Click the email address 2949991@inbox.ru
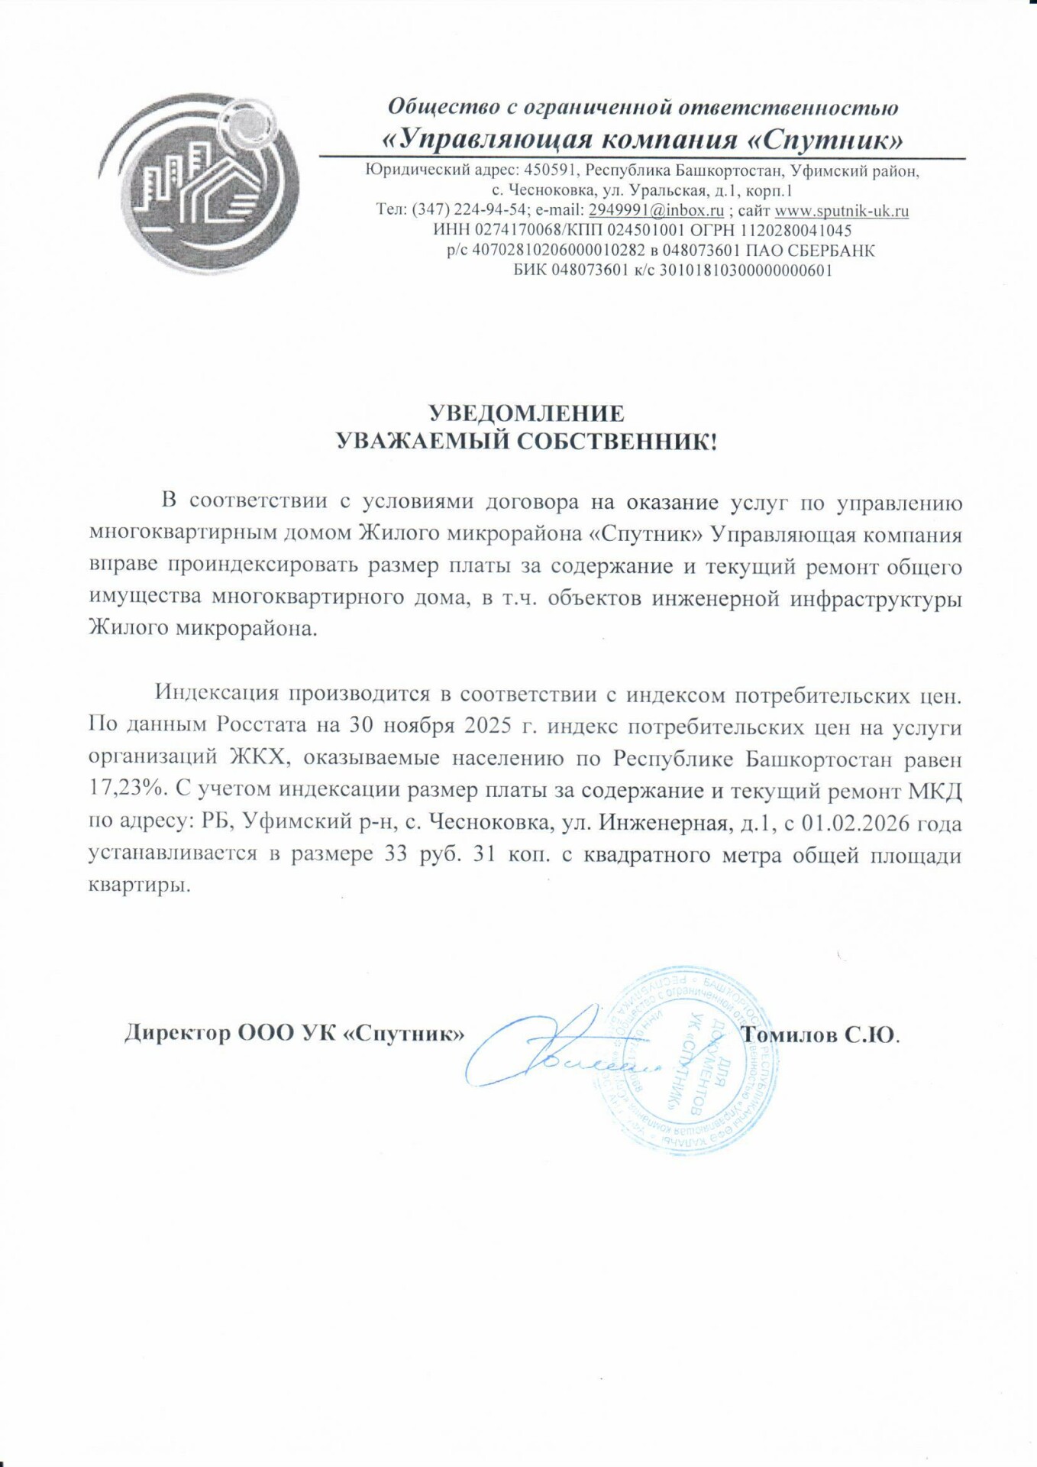(656, 210)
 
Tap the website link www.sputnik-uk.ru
(842, 210)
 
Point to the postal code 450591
(551, 170)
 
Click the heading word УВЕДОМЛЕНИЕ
(525, 413)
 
